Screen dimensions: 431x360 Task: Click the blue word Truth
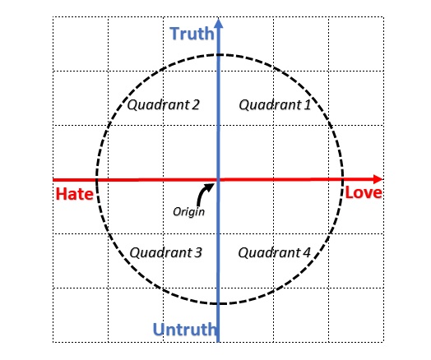pos(192,34)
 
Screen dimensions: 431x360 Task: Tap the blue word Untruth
pos(185,329)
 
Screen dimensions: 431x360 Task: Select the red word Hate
pos(75,194)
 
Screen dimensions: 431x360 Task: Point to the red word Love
pos(364,192)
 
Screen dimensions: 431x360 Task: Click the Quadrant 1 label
pos(275,105)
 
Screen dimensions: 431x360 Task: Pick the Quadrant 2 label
pos(164,105)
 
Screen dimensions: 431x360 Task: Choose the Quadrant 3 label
pos(166,252)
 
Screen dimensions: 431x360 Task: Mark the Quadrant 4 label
pos(275,252)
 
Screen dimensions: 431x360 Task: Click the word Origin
pos(189,212)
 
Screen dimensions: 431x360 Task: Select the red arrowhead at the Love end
pos(378,179)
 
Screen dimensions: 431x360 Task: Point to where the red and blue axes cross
pos(219,179)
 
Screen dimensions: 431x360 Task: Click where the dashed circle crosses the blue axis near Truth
pos(219,55)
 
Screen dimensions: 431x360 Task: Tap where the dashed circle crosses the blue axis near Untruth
pos(219,303)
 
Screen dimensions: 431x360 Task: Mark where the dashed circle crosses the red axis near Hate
pos(96,180)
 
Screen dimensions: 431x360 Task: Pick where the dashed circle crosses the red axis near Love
pos(342,179)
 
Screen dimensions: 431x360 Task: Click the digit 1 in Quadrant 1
pos(308,104)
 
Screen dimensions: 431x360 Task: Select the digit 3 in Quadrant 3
pos(198,252)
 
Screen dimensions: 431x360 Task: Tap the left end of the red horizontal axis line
pos(53,180)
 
